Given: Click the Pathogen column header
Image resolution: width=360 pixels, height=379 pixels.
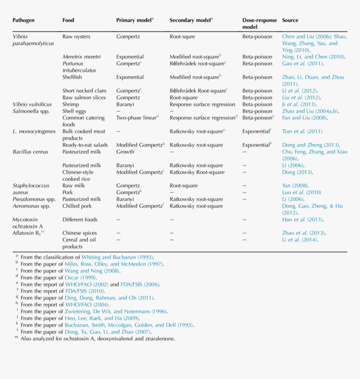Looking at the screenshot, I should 23,20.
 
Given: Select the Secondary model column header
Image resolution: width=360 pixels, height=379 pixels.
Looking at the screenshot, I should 190,20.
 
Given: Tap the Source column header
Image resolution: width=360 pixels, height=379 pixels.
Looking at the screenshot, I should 290,20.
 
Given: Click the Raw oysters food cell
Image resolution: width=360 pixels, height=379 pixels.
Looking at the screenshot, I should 76,36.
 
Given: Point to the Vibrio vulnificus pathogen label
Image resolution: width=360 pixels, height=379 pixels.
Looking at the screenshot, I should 32,104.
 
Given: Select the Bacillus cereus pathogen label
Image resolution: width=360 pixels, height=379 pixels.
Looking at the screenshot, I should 30,152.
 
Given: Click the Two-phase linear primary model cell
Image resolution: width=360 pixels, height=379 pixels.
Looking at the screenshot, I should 136,118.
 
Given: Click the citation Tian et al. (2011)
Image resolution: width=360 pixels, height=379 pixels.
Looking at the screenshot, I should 302,131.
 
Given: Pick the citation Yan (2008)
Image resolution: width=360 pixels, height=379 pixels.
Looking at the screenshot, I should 295,186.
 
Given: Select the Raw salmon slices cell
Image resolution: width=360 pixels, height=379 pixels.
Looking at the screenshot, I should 84,97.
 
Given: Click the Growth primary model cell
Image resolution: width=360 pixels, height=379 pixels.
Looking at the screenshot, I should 125,152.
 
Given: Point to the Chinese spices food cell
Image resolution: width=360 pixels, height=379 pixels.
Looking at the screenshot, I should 80,233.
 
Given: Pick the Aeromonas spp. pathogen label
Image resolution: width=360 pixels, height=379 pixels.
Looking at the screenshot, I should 31,206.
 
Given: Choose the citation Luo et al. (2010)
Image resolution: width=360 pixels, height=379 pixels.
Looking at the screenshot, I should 301,192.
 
